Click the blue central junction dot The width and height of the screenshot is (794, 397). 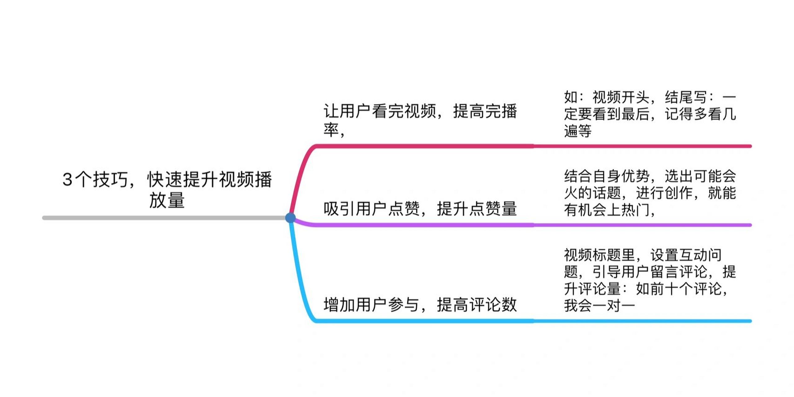click(290, 218)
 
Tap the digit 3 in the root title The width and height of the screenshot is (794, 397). click(67, 180)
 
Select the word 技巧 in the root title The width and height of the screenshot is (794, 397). click(110, 180)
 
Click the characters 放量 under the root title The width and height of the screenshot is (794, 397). click(167, 200)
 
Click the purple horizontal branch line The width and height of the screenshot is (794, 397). click(527, 225)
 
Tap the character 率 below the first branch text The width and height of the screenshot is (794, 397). click(331, 130)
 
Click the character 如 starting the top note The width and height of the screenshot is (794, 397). click(571, 97)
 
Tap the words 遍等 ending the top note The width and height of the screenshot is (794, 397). click(578, 131)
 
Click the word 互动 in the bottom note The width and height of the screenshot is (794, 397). click(694, 255)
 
